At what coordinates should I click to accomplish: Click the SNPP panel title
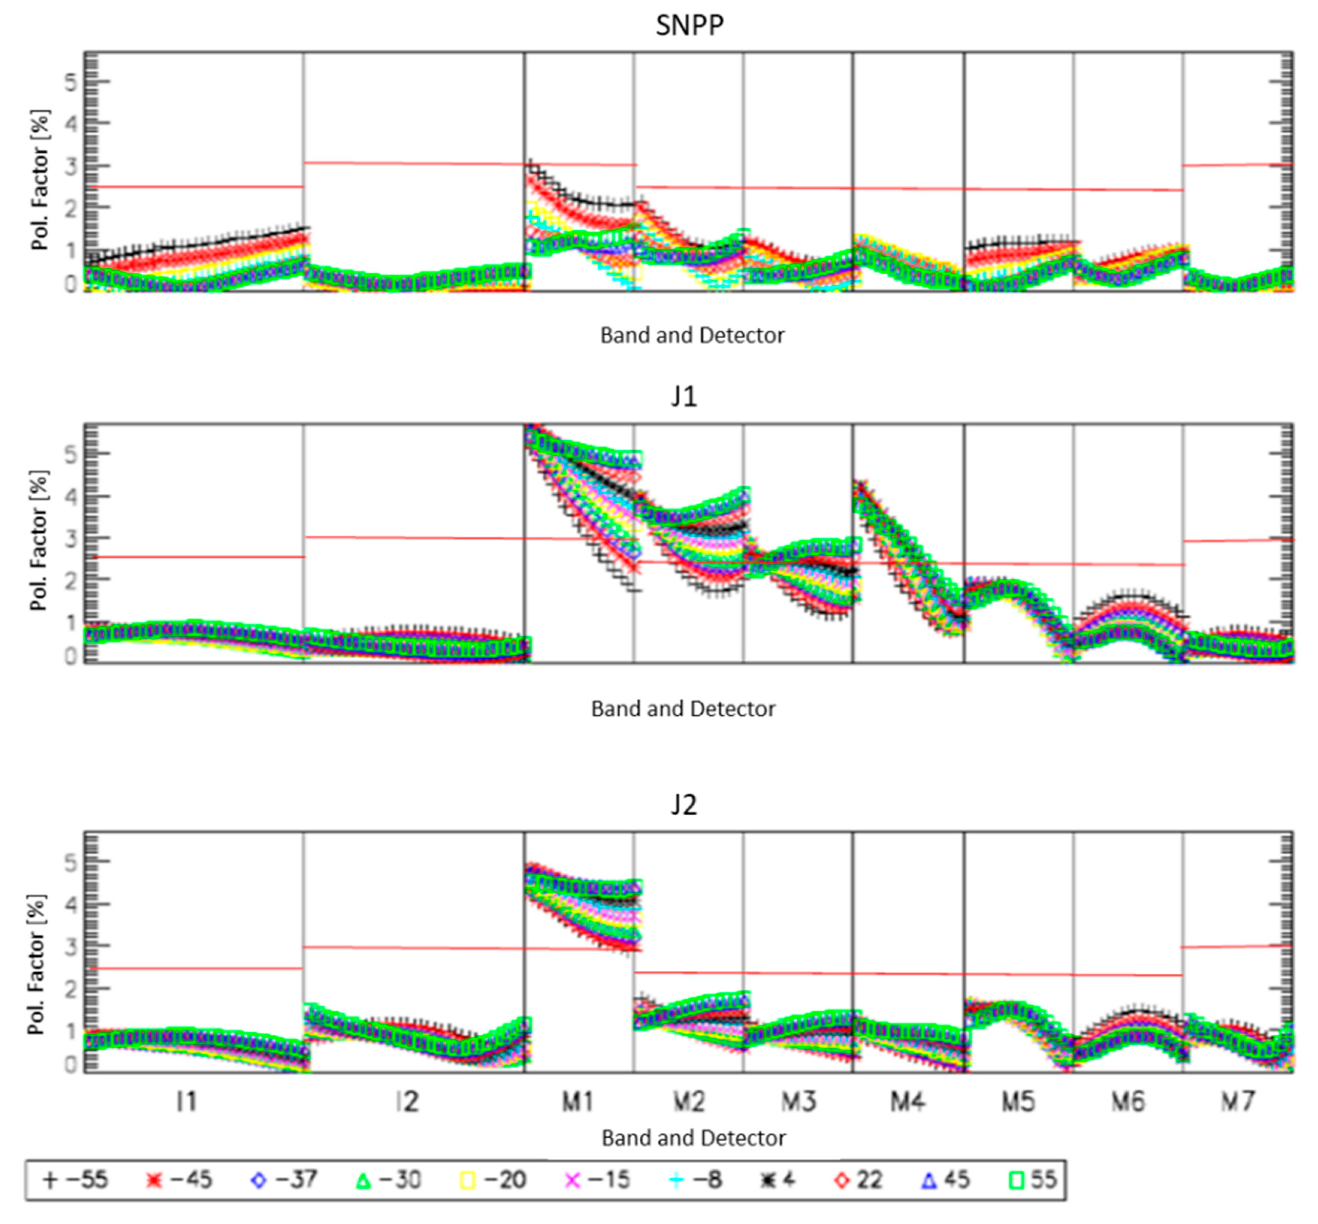tap(689, 25)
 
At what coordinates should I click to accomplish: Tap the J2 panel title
tap(683, 805)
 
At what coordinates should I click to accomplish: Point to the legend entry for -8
tap(695, 1180)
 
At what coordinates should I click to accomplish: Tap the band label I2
tap(407, 1102)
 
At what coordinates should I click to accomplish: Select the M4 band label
tap(907, 1102)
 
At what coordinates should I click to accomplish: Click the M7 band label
tap(1237, 1102)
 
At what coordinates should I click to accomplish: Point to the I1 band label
tap(186, 1102)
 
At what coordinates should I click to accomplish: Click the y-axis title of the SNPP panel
tap(40, 180)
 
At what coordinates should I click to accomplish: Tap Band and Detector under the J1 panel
tap(683, 709)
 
